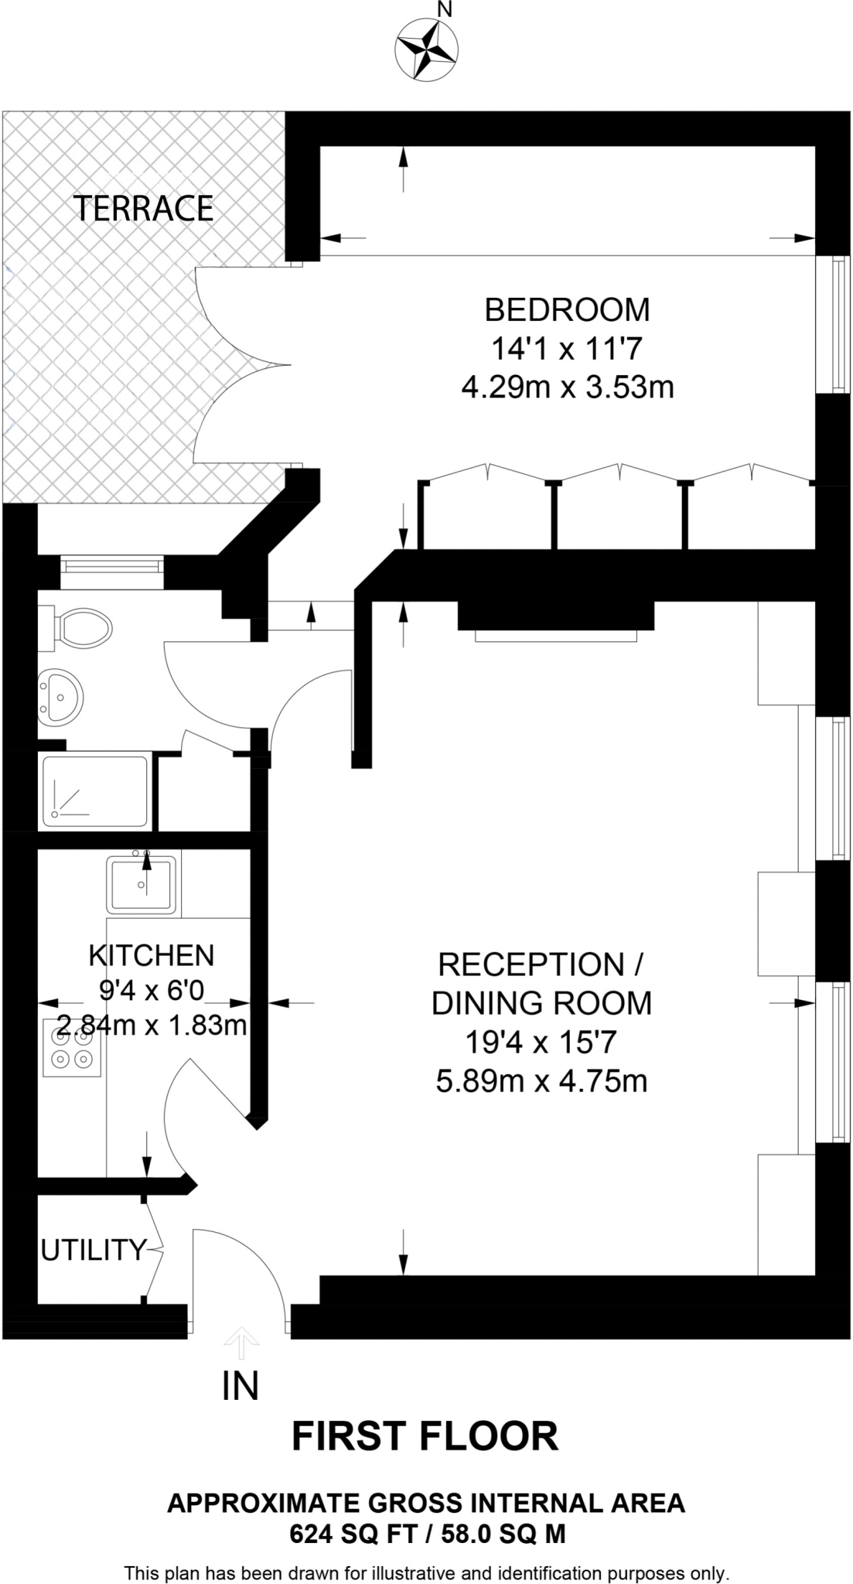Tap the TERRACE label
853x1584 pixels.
point(144,209)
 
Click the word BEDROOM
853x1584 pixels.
point(567,309)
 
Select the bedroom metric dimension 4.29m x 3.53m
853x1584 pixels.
point(567,387)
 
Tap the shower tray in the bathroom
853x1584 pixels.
point(95,791)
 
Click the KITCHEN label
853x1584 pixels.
point(152,956)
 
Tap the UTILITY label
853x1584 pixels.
point(93,1250)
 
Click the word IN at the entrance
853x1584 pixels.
point(241,1386)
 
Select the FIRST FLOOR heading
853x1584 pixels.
point(425,1437)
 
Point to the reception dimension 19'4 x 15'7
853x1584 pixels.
point(541,1043)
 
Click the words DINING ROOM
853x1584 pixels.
point(541,1003)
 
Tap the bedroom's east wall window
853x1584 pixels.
point(835,325)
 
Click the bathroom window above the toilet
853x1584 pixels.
point(113,567)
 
